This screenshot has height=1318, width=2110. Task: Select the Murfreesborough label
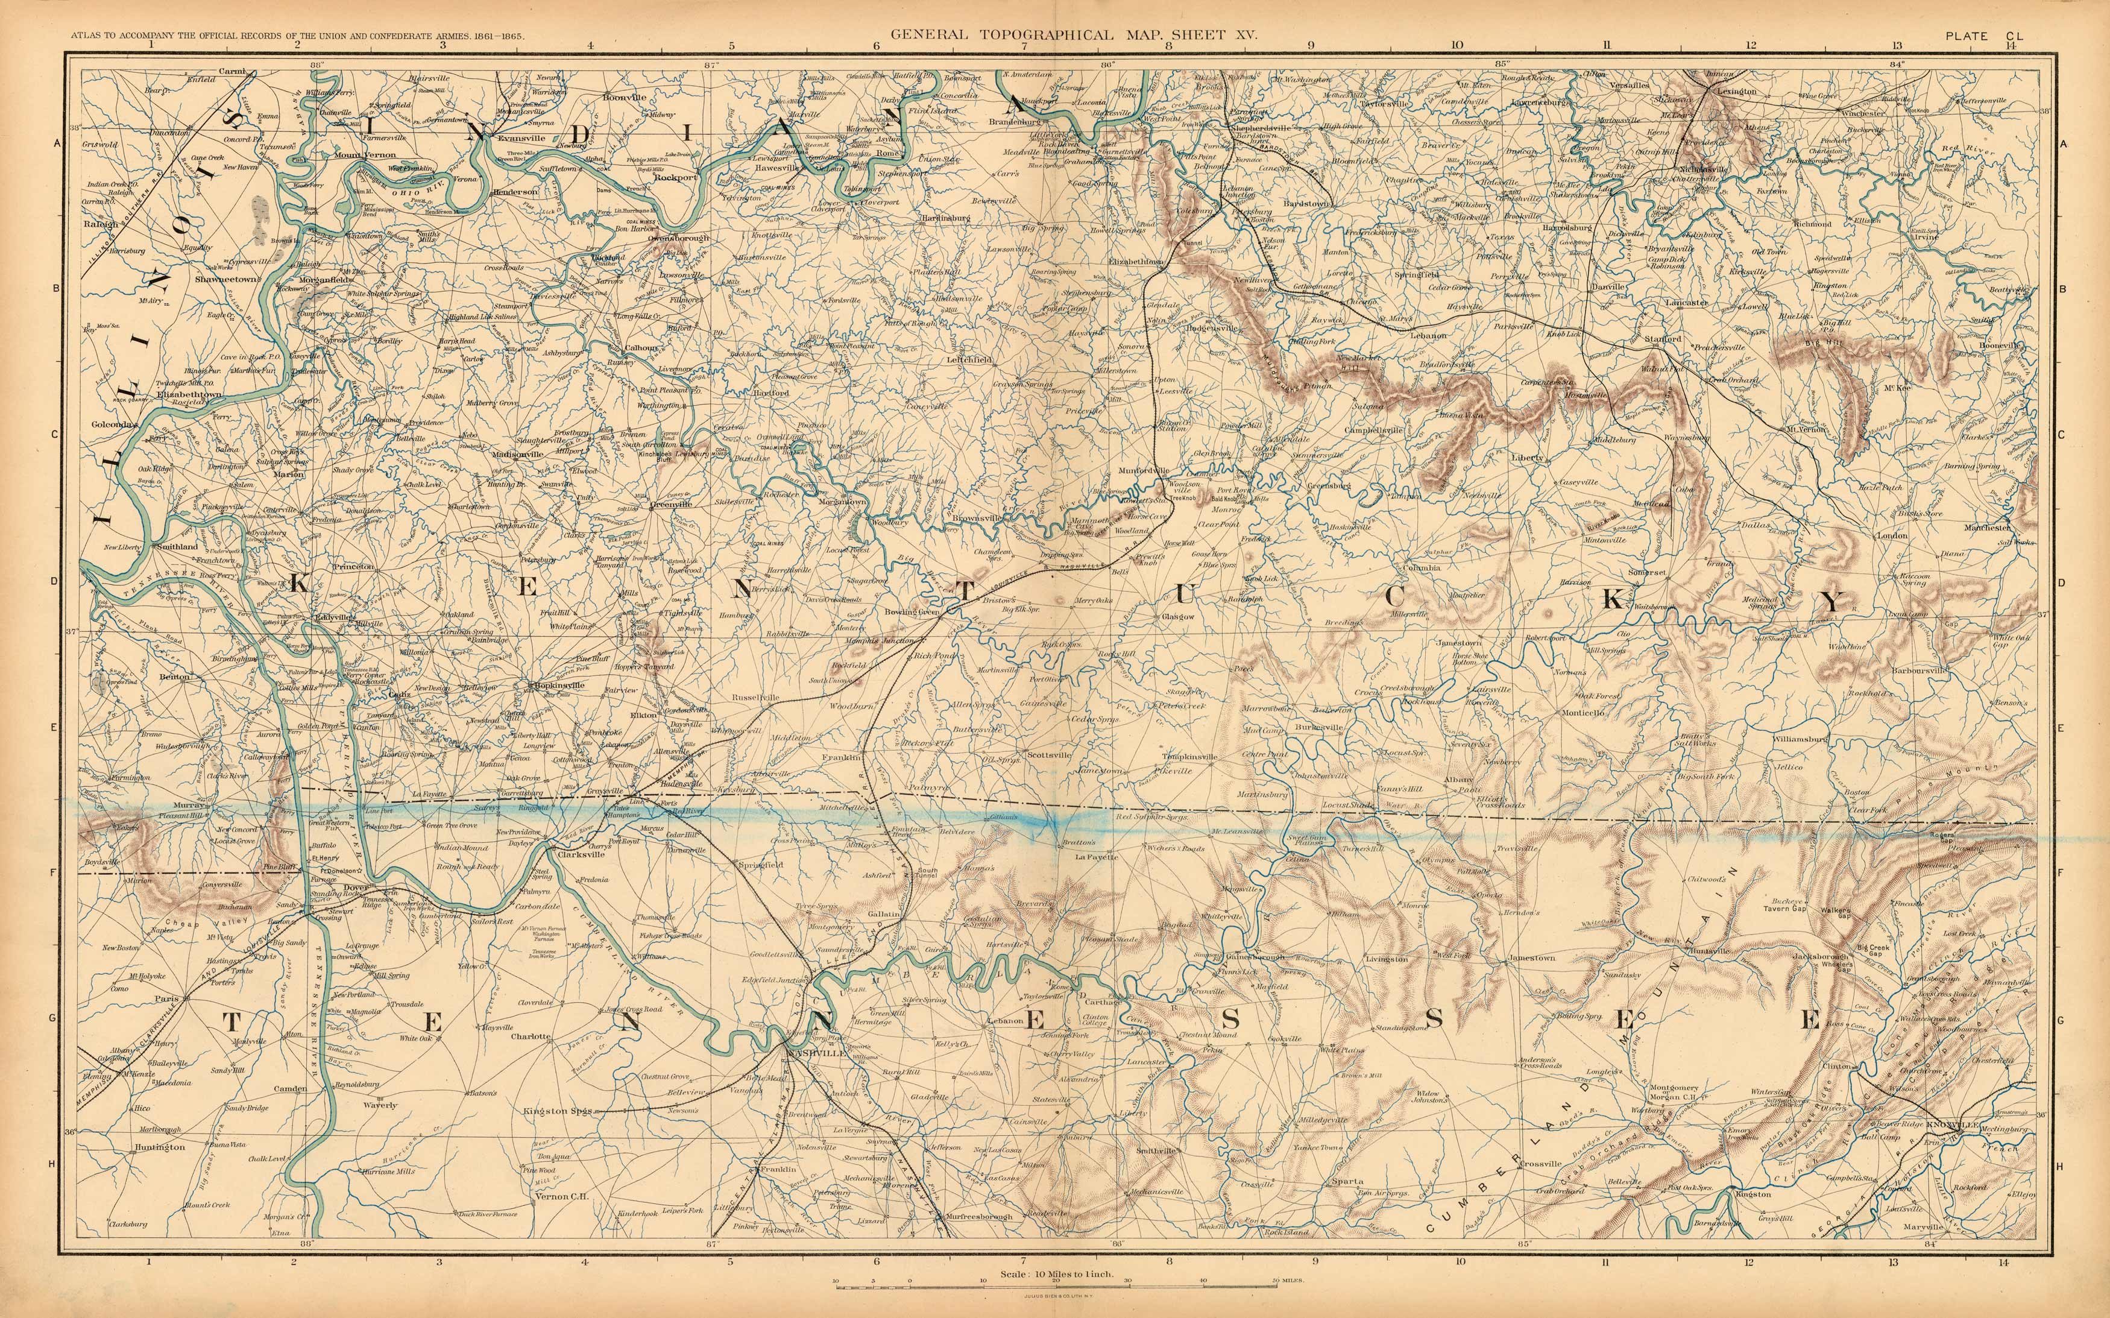click(x=978, y=1216)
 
